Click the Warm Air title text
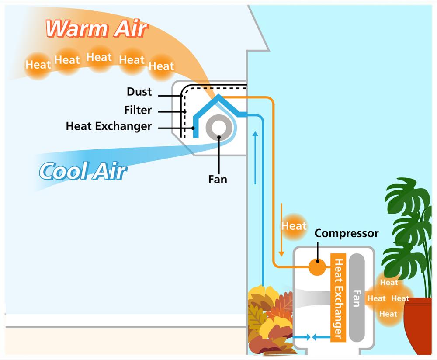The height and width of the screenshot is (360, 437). tap(97, 29)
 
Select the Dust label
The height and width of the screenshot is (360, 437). tap(139, 92)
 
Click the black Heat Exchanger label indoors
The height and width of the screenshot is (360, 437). tap(109, 126)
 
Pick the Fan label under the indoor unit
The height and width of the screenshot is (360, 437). tap(218, 179)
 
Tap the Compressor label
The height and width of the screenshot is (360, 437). tap(347, 233)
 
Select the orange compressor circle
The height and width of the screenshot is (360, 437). tap(317, 267)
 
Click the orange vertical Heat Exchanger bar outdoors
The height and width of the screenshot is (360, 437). tap(338, 297)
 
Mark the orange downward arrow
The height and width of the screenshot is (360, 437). tap(281, 229)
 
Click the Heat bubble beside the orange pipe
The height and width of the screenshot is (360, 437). tap(294, 226)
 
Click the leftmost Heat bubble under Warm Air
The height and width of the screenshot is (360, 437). tap(38, 65)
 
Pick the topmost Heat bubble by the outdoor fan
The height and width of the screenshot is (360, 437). tap(388, 283)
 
